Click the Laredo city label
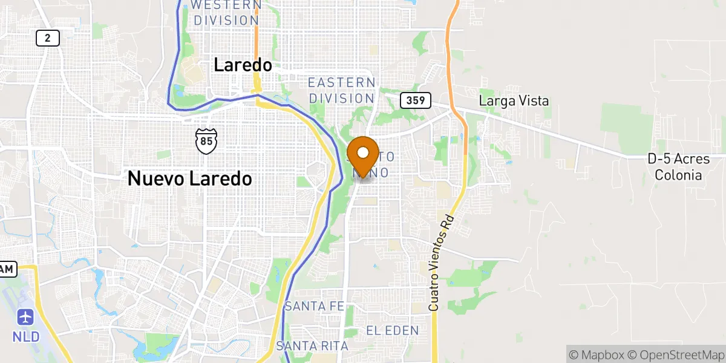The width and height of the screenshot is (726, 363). (243, 65)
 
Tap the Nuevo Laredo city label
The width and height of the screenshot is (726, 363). (189, 178)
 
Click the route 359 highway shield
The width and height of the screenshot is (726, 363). (416, 100)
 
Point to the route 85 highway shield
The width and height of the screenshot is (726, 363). (205, 140)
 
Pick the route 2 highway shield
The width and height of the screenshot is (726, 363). (47, 39)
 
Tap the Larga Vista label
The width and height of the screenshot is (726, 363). (514, 100)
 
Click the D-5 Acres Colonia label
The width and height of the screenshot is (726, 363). (675, 167)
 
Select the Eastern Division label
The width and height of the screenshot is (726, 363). (342, 90)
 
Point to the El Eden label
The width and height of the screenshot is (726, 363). (392, 330)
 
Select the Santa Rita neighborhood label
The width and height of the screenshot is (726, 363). (312, 346)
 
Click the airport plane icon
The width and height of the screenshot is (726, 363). (25, 316)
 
